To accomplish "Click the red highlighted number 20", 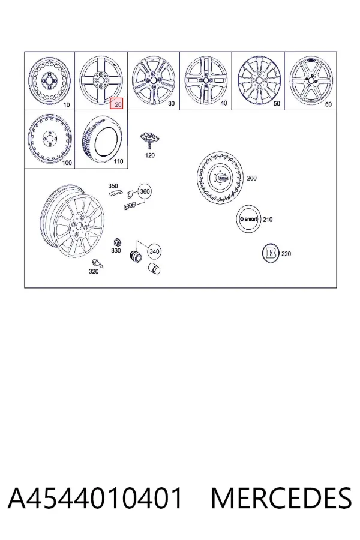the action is point(116,104).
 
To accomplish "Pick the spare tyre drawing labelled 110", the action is point(102,139).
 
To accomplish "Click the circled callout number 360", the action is point(145,191).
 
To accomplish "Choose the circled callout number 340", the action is point(154,252).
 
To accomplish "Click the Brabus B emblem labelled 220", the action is point(271,254).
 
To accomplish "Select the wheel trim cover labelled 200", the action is point(220,178).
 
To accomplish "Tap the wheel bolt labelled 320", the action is point(97,263).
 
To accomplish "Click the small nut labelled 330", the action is point(117,241).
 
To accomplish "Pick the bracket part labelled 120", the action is point(150,139).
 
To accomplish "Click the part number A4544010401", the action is point(95,498).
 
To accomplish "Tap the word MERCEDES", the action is point(281,498).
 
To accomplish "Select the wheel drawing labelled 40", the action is point(206,80).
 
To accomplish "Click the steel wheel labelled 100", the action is point(50,139).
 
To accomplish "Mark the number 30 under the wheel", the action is point(171,103).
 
